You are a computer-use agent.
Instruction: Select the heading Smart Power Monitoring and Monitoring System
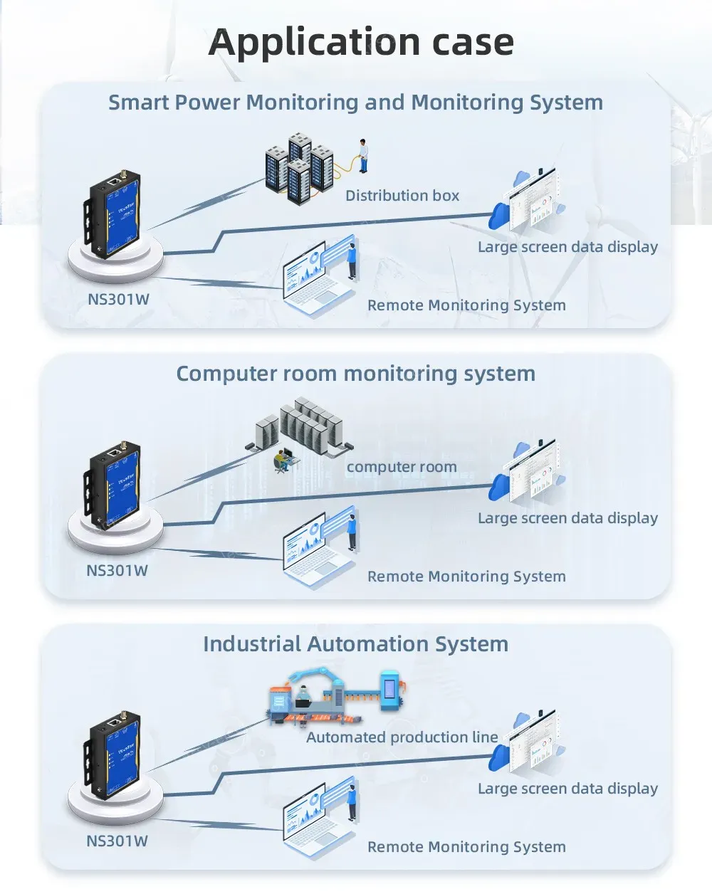click(x=355, y=102)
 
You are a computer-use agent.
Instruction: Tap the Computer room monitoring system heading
click(x=355, y=374)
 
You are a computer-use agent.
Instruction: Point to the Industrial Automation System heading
click(x=355, y=644)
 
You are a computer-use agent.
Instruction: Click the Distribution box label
click(x=402, y=196)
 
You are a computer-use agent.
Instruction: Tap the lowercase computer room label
click(x=402, y=467)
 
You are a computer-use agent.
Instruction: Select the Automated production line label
click(x=402, y=737)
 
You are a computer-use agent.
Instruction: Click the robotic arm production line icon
click(x=335, y=694)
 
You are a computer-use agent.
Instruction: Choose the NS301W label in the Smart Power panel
click(x=118, y=300)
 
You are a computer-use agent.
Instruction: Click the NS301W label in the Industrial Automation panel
click(x=117, y=841)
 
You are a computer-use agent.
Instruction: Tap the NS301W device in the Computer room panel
click(x=114, y=484)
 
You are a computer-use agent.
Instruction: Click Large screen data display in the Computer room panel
click(x=567, y=518)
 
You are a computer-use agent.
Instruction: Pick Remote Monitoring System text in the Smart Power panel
click(x=466, y=305)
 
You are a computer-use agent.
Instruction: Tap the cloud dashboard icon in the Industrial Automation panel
click(x=527, y=744)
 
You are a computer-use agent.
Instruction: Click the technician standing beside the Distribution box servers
click(x=363, y=155)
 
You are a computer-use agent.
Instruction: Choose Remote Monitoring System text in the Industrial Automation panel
click(x=466, y=847)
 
